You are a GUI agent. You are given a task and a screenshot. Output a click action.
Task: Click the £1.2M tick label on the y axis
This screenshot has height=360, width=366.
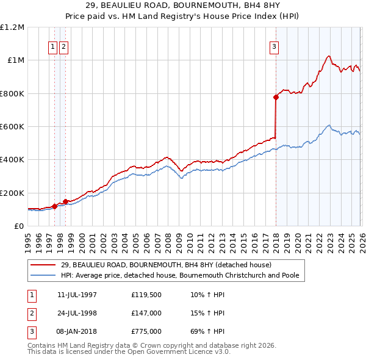coord(12,27)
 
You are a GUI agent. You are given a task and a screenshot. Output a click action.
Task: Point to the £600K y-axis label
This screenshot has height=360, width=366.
coord(12,127)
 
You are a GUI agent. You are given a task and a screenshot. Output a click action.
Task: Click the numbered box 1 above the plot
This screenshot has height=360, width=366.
coord(53,46)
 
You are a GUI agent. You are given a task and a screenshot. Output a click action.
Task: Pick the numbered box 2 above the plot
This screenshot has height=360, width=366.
coord(63,46)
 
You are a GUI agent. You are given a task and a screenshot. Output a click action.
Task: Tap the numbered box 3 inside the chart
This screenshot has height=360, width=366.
coord(274,46)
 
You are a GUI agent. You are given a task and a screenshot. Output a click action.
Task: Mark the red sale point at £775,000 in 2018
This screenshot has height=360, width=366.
coord(276,98)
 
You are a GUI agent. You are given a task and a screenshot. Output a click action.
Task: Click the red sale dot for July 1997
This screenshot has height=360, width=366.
coord(54,206)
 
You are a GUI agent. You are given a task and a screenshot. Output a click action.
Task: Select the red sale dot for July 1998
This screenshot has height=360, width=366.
coord(65,201)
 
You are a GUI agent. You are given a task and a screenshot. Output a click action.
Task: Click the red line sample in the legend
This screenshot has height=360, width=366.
coord(43,265)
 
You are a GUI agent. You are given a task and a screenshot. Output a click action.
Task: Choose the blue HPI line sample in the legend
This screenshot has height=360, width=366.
coord(43,275)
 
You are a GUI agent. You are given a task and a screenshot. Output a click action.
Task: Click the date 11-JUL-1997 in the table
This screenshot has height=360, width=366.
coord(77,295)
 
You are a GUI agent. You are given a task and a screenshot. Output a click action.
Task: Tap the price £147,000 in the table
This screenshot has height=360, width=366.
coord(146,314)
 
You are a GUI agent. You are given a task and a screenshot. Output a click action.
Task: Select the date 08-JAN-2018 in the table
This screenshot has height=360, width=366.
coord(77,332)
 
